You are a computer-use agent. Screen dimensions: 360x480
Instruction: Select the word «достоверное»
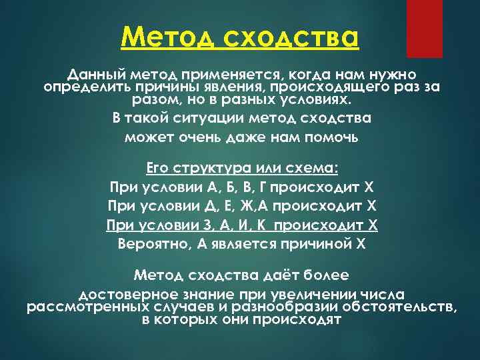[126, 294]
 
